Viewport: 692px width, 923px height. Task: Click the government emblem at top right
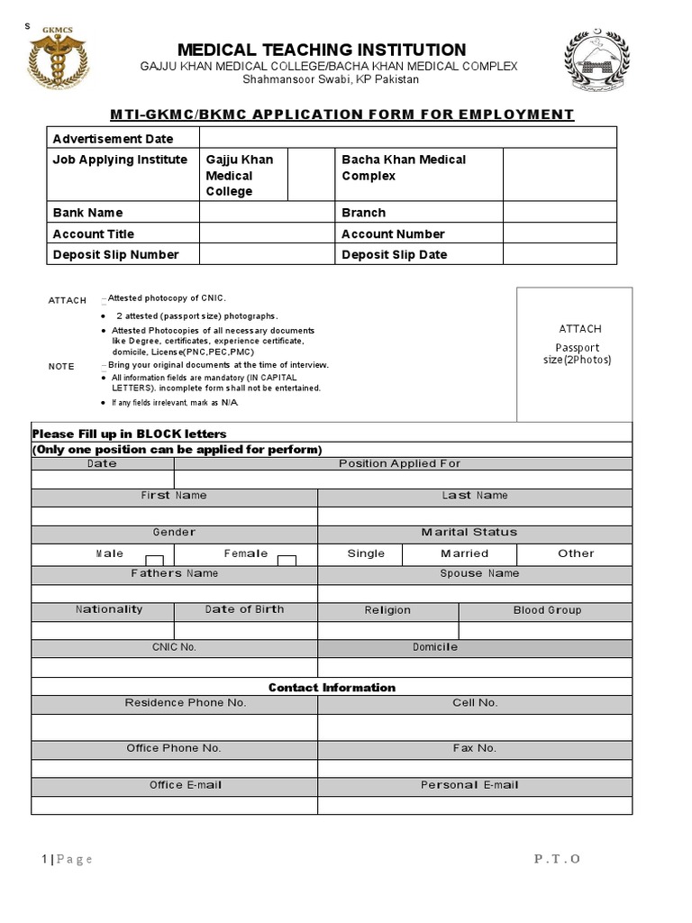(x=597, y=63)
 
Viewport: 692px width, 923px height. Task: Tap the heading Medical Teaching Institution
(x=322, y=50)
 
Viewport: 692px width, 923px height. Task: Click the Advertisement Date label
(x=113, y=139)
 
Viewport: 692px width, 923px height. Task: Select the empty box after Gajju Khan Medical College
(x=311, y=176)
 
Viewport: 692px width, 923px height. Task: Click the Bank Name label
(x=87, y=213)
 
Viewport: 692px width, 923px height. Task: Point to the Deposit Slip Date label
(x=394, y=254)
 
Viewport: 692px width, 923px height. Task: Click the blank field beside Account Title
(x=267, y=233)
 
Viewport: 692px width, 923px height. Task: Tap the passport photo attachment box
(x=574, y=353)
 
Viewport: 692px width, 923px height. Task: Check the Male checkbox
(x=155, y=561)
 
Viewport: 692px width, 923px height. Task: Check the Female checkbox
(x=287, y=561)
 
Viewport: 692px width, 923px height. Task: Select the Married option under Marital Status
(x=464, y=553)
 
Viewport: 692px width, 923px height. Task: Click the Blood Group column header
(x=547, y=610)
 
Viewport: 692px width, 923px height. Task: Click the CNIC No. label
(x=174, y=647)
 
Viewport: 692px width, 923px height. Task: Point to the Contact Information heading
(x=332, y=688)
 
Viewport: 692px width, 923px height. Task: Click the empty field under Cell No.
(x=475, y=727)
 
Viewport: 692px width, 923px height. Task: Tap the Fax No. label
(x=475, y=748)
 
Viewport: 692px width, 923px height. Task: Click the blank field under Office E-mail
(x=174, y=805)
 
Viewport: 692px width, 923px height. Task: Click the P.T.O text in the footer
(x=557, y=859)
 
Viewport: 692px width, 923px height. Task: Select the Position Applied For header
(x=399, y=463)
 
